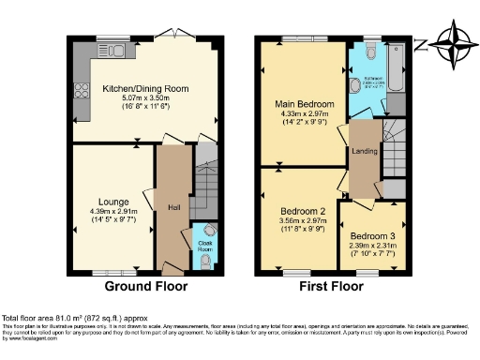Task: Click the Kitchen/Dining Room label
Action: (145, 88)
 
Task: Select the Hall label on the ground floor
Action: (173, 206)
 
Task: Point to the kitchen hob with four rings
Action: (80, 94)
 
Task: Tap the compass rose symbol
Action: (454, 43)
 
